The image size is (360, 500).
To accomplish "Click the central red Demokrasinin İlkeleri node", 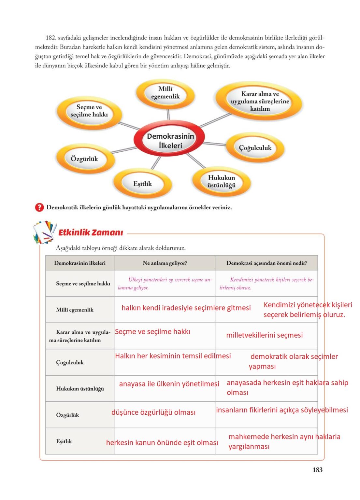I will pos(170,141).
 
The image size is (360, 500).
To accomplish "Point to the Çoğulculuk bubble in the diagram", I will pos(255,148).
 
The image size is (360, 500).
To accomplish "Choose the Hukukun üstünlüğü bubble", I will pos(221,182).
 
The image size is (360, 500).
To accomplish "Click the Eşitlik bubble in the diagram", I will pos(142,184).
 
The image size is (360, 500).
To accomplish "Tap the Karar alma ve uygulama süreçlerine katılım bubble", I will pos(260,101).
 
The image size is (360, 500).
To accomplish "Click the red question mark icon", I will pos(39,207).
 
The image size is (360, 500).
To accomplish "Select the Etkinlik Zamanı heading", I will pos(91,232).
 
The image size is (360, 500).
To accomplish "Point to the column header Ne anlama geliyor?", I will pos(165,263).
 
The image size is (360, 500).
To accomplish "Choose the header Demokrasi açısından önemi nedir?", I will pos(266,263).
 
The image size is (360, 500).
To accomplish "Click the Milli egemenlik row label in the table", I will pos(75,310).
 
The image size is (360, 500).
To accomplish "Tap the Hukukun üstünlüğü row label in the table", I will pos(80,389).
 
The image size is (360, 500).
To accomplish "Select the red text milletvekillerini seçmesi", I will pos(264,335).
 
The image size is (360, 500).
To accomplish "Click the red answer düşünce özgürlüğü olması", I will pos(153,412).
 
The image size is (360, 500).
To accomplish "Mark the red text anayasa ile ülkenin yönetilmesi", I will pos(169,384).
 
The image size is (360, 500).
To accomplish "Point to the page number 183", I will pos(317,470).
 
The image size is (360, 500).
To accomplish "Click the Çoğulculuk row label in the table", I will pos(70,362).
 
